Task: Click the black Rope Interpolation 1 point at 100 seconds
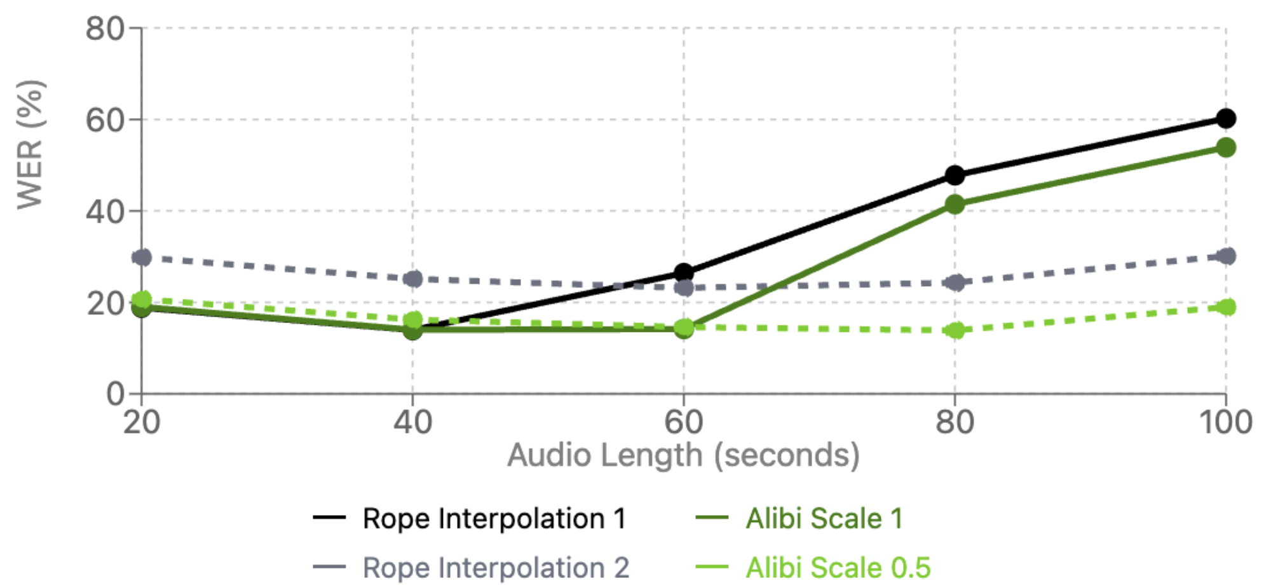click(1225, 118)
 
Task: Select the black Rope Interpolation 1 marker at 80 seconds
click(954, 175)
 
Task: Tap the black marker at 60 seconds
click(683, 273)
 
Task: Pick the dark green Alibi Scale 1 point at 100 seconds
click(1225, 148)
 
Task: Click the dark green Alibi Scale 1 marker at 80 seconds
click(954, 204)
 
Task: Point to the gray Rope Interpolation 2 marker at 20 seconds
click(142, 258)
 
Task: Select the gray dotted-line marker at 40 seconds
click(413, 279)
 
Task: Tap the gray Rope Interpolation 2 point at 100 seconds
click(1225, 256)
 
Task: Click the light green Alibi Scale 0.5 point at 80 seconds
click(954, 330)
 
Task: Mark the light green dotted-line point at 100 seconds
click(1225, 307)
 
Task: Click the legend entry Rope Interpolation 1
click(494, 518)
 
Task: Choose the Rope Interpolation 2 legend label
click(495, 567)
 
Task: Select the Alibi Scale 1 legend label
click(824, 518)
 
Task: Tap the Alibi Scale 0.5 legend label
click(838, 567)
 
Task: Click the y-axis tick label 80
click(105, 29)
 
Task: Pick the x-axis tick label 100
click(1225, 422)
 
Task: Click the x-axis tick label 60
click(683, 422)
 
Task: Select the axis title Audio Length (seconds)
click(683, 455)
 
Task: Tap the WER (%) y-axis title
click(30, 144)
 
